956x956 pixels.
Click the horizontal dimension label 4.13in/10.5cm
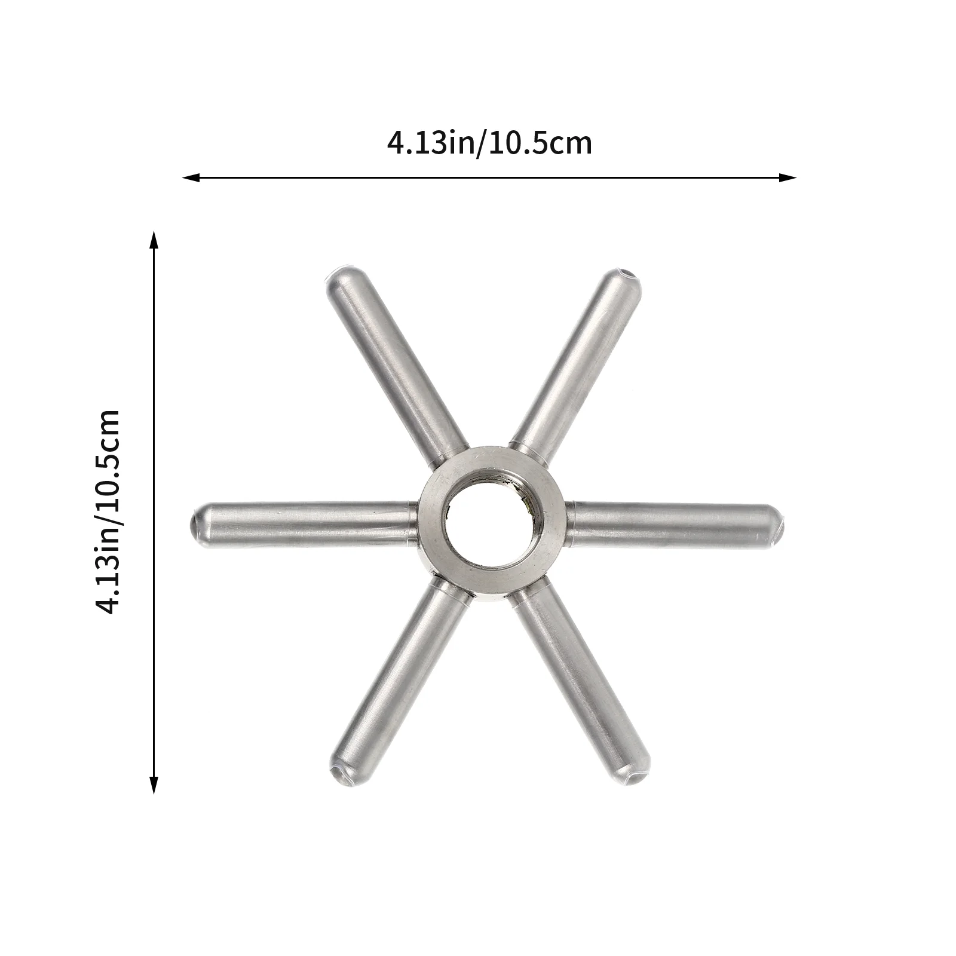[489, 144]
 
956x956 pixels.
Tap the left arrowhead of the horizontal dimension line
[191, 177]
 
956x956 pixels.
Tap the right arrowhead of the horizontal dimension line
[788, 177]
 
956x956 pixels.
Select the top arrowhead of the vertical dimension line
[154, 240]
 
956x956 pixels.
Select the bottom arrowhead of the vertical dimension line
[154, 785]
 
